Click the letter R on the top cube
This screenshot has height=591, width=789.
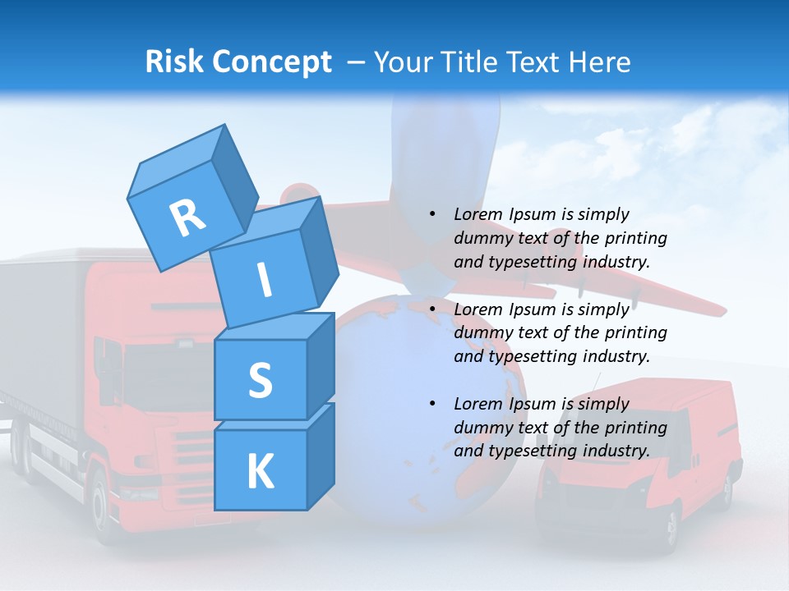coord(187,218)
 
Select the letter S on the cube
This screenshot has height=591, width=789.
coord(260,381)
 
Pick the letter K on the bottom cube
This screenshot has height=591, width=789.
coord(260,472)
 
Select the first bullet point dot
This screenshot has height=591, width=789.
coord(432,215)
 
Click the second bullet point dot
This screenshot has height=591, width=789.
coord(432,309)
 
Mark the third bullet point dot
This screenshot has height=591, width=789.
coord(432,404)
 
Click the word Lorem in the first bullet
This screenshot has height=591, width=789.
coord(477,215)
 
